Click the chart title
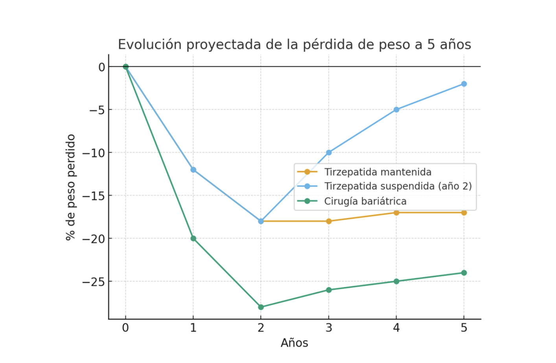point(294,44)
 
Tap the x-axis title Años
point(294,343)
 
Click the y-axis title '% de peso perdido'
point(71,187)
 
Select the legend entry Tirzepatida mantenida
point(377,172)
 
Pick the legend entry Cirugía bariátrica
point(365,201)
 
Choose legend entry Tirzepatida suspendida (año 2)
point(398,186)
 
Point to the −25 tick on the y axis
point(93,282)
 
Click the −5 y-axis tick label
point(97,110)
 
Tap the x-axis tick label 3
point(329,328)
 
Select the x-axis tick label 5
point(464,328)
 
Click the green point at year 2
point(261,307)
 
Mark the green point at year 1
point(193,238)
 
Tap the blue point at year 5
point(464,84)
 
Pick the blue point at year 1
point(193,170)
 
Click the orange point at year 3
point(329,221)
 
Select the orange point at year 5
point(464,213)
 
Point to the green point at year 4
point(396,282)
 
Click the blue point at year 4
point(396,109)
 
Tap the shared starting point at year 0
point(126,67)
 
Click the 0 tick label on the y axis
point(102,67)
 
